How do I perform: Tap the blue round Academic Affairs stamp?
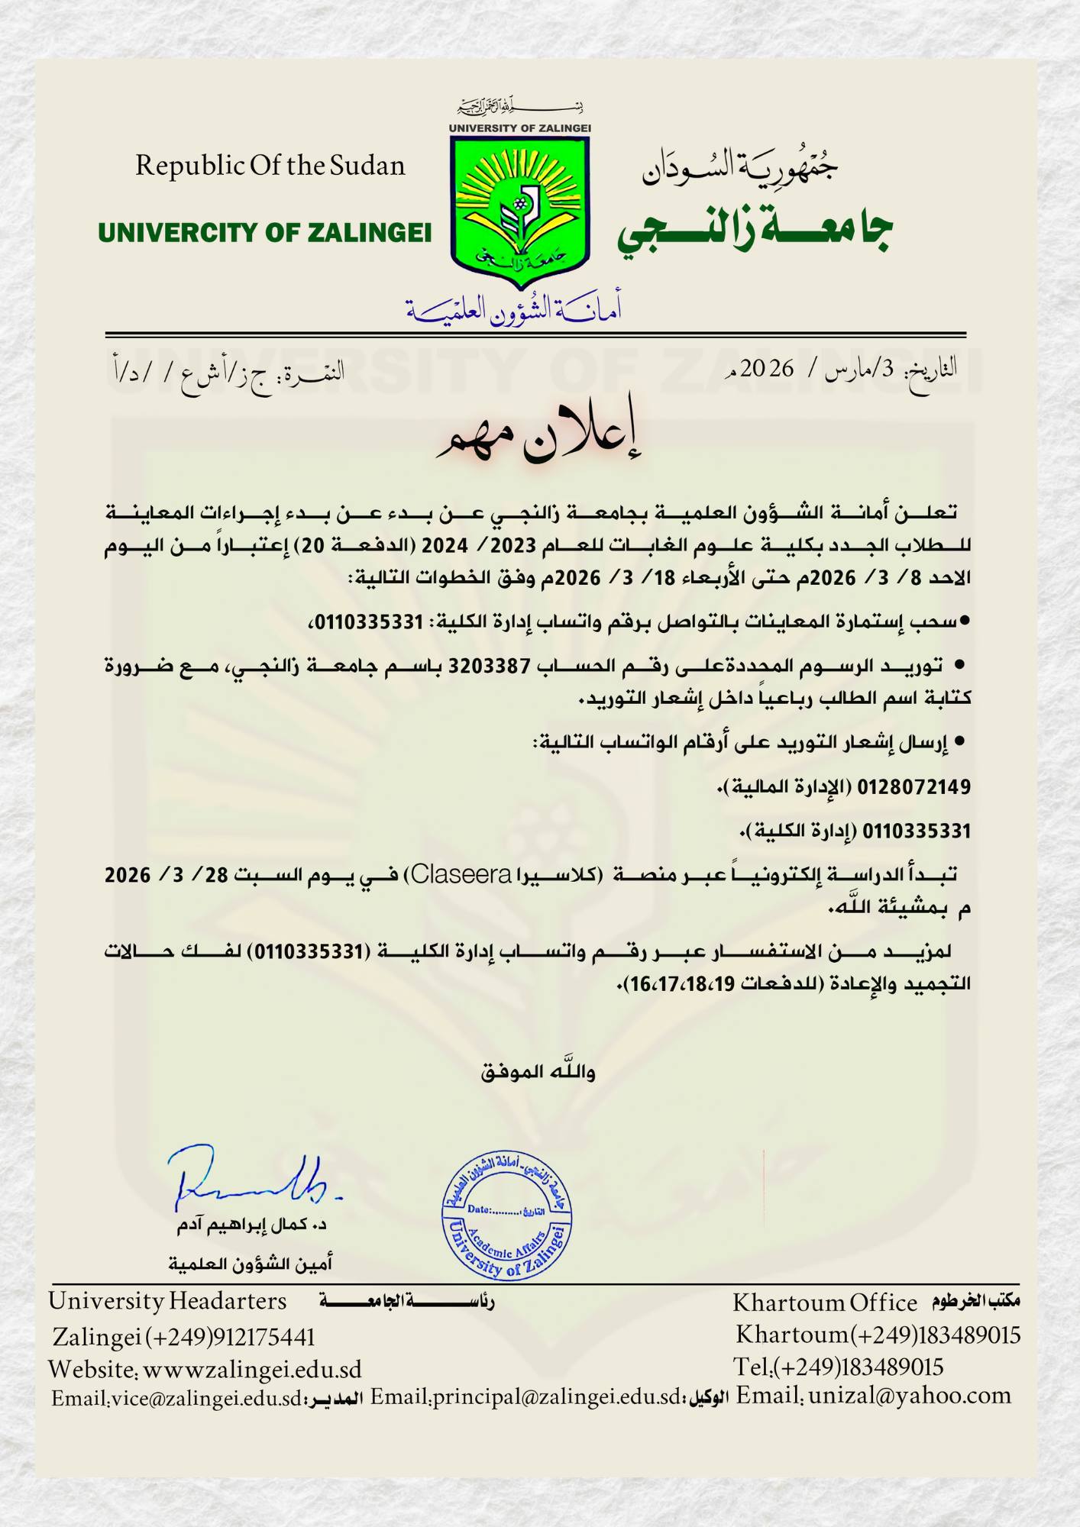point(506,1215)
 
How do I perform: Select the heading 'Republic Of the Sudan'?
point(270,166)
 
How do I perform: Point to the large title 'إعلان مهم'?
point(538,437)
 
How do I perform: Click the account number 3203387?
point(489,667)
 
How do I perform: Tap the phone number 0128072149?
point(913,786)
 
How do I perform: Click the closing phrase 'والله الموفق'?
point(538,1072)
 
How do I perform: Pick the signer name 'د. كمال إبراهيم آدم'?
point(252,1225)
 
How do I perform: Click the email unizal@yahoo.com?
point(909,1396)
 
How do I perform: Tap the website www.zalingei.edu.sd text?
point(252,1370)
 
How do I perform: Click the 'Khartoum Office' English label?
point(825,1303)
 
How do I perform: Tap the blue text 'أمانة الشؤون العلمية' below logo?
point(513,309)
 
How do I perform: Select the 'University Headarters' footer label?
point(167,1301)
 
